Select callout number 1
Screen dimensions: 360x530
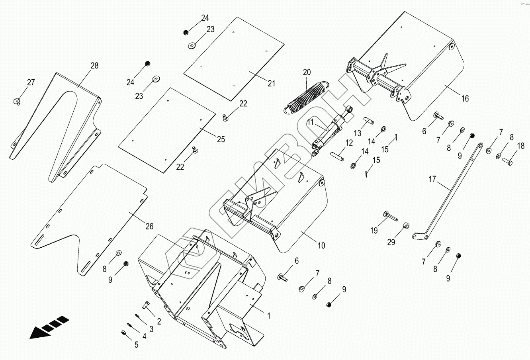pos(269,316)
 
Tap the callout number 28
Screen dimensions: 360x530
pos(94,66)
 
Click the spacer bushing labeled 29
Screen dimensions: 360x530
pos(406,226)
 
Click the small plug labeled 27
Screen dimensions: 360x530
pos(17,100)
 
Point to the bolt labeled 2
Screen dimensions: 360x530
pos(146,306)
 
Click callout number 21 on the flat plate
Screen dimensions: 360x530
pos(271,83)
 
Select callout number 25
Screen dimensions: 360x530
pos(221,139)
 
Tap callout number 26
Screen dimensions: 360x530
pos(149,227)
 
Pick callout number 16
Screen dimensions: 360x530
pos(465,98)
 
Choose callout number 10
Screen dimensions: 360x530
pos(321,245)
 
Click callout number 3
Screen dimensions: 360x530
pos(151,329)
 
